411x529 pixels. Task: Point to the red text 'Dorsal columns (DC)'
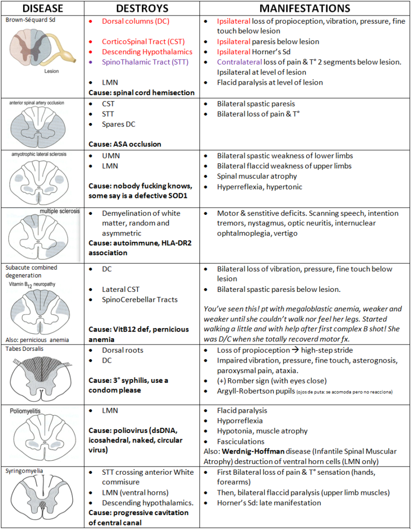135,21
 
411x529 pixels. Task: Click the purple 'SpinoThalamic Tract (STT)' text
145,62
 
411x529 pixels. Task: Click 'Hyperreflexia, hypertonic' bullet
259,186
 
